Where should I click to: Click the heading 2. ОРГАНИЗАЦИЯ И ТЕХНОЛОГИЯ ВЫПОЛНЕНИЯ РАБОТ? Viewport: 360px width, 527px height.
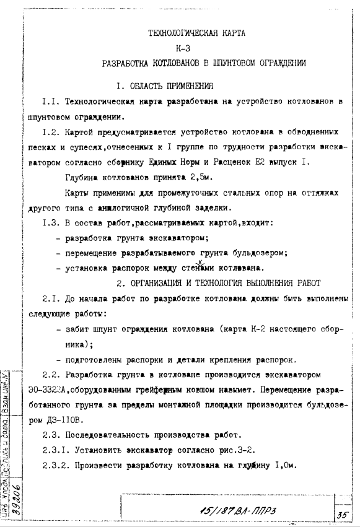pos(219,283)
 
